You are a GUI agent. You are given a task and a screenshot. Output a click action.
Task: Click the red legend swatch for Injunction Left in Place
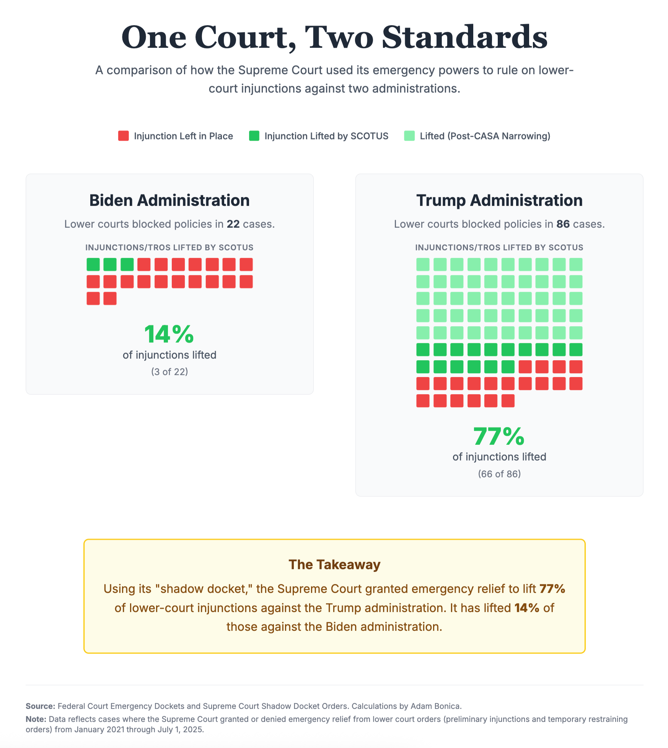pos(123,136)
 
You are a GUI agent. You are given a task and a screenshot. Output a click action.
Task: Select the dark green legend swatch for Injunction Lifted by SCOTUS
pos(254,136)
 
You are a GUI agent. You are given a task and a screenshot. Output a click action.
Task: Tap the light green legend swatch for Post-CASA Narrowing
pos(409,136)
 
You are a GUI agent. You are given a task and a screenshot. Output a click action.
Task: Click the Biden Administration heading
pos(169,200)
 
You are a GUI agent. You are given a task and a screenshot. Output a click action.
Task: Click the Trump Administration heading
pos(499,200)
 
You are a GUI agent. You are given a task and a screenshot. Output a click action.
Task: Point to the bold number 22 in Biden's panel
pos(233,224)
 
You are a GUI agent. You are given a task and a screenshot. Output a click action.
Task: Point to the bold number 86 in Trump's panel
pos(563,224)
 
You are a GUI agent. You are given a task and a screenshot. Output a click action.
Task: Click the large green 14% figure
pos(169,334)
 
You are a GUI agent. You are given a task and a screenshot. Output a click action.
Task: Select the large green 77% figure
pos(499,436)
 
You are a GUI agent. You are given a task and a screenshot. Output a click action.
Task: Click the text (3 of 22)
pos(169,372)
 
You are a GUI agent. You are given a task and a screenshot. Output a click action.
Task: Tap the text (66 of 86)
pos(499,474)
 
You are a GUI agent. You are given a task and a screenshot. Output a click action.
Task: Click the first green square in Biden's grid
pos(93,265)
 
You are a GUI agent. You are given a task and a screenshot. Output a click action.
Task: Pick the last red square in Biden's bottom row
pos(110,298)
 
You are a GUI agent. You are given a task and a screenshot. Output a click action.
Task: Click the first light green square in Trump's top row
pos(423,265)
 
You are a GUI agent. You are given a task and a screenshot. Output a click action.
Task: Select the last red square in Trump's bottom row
pos(508,401)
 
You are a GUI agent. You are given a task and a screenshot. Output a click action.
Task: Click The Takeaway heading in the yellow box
pos(334,565)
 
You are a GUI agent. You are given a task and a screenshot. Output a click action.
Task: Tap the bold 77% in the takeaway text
pos(552,589)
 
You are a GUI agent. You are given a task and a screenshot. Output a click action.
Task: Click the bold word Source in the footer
pos(40,706)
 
